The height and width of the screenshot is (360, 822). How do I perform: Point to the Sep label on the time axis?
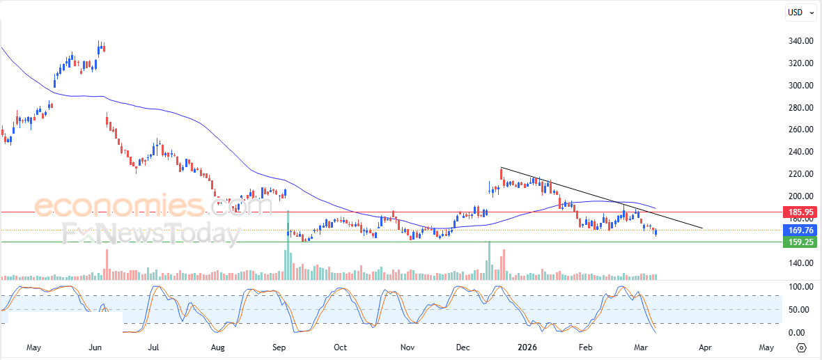[x=279, y=347]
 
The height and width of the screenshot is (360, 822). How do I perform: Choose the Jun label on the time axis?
[x=96, y=347]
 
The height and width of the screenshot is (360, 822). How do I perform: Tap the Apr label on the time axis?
[x=704, y=347]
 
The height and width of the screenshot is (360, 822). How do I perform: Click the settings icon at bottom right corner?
[x=802, y=347]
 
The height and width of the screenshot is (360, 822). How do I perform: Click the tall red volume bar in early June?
[x=107, y=265]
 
